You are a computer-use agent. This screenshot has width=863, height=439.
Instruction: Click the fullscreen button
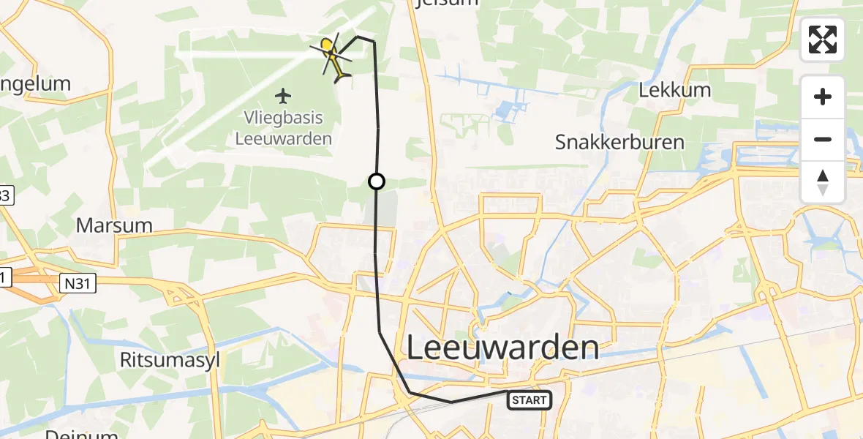(823, 40)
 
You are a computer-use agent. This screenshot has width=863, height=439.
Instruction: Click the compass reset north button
(823, 182)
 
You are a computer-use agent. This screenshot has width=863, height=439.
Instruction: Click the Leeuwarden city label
(502, 348)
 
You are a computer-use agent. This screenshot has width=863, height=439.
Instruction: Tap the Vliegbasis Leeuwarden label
(284, 127)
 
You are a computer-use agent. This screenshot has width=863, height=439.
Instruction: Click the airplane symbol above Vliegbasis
(284, 95)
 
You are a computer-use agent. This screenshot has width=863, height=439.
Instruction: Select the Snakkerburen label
(619, 141)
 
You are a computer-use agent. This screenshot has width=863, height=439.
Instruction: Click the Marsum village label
(114, 225)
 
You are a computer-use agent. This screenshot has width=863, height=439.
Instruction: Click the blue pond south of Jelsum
(505, 110)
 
